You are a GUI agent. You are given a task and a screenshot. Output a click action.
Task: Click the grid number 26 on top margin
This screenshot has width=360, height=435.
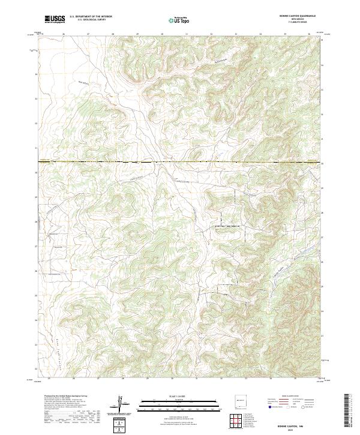(64, 34)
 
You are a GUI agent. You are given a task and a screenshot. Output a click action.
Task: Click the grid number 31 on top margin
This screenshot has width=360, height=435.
(187, 34)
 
